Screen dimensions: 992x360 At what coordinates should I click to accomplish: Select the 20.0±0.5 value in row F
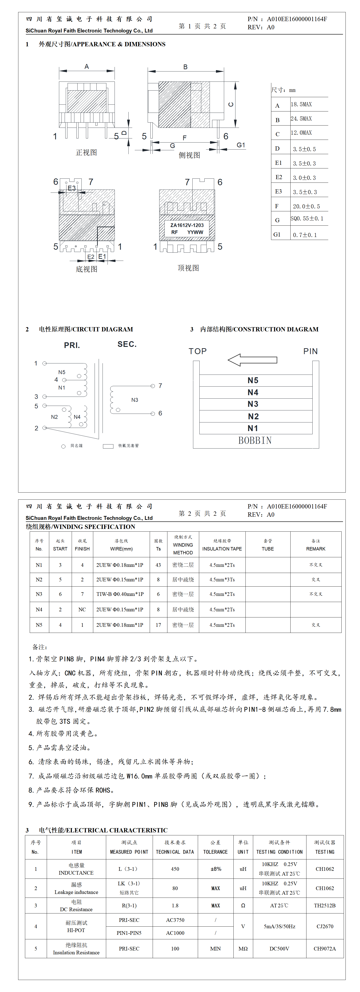tap(306, 206)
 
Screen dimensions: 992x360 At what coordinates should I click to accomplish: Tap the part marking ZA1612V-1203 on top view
tap(187, 225)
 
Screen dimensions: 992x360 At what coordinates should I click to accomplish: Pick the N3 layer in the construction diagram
tap(253, 404)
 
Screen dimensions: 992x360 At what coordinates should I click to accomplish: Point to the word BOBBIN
tap(255, 441)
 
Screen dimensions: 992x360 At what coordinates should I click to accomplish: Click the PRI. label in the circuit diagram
tap(72, 345)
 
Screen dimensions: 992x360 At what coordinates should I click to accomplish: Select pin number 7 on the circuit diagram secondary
tap(160, 386)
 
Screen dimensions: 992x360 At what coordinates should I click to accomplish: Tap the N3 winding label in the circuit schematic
tap(134, 400)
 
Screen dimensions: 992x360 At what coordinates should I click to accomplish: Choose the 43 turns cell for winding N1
tap(158, 565)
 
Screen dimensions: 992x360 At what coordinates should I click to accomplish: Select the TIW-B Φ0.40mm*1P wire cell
tap(120, 594)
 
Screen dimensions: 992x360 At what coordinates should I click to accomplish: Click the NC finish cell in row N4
tap(82, 610)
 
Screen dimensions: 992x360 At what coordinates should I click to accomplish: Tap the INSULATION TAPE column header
tap(222, 549)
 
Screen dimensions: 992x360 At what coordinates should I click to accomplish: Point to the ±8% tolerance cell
tap(216, 869)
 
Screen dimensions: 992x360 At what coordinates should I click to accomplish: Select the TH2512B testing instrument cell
tap(325, 905)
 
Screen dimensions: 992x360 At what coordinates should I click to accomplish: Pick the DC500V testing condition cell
tap(279, 948)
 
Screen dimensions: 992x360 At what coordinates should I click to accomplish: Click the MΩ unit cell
tap(243, 948)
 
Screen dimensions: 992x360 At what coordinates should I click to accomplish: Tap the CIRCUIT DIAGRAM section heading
tap(86, 329)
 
